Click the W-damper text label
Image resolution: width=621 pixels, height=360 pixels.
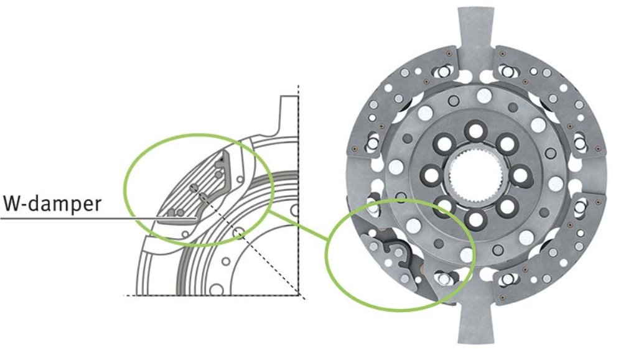pyautogui.click(x=52, y=204)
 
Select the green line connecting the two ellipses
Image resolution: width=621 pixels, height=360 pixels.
pyautogui.click(x=298, y=226)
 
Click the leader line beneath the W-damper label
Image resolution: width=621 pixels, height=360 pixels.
pyautogui.click(x=98, y=218)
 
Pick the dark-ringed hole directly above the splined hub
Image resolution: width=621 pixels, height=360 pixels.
pyautogui.click(x=475, y=131)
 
